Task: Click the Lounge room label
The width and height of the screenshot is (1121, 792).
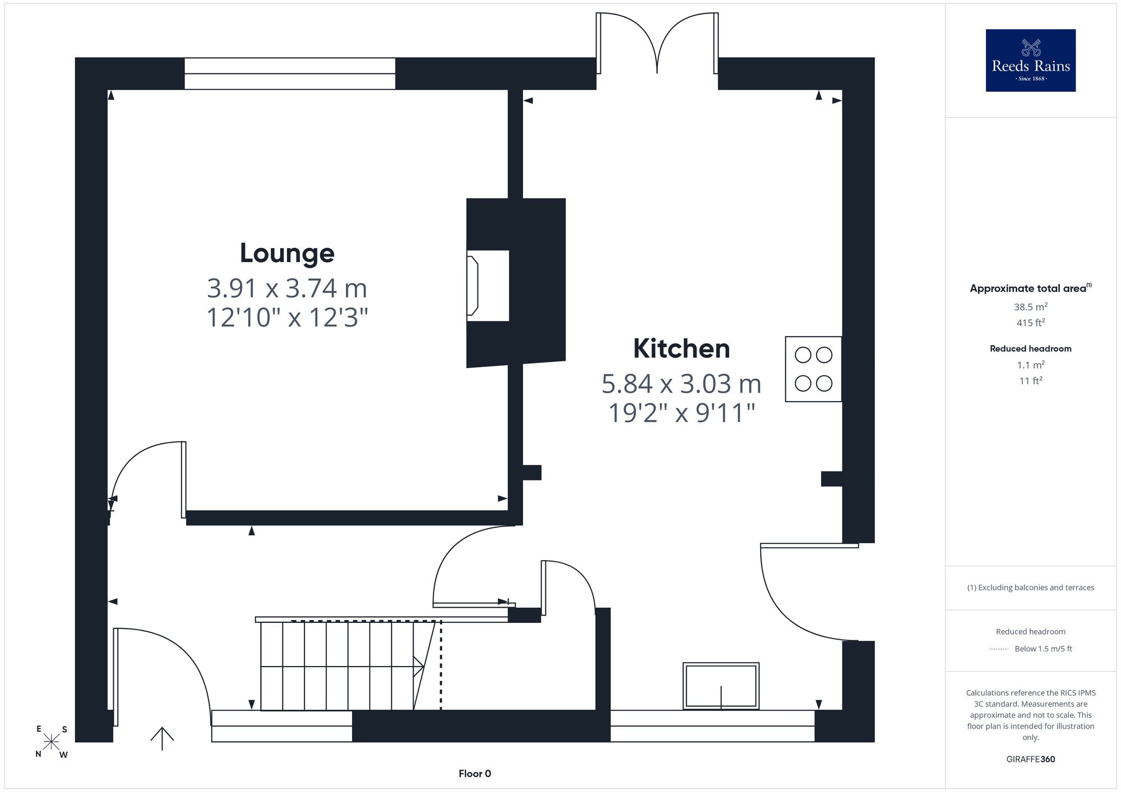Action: point(287,253)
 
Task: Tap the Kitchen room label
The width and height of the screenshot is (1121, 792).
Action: point(682,348)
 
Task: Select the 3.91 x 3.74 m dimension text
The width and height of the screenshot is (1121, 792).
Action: point(287,288)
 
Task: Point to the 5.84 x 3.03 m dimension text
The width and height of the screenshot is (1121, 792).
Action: point(682,384)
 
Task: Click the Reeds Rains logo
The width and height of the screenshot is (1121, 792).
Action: point(1031,60)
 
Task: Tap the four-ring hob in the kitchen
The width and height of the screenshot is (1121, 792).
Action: point(813,369)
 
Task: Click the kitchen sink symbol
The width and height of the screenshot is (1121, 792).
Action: point(721,686)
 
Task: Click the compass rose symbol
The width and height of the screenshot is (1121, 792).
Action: point(52,742)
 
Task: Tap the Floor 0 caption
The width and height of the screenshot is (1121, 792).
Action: point(475,774)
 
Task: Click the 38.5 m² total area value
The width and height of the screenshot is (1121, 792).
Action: point(1031,307)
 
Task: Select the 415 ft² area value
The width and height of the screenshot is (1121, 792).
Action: point(1031,323)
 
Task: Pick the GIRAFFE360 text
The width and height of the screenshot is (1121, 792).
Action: point(1031,760)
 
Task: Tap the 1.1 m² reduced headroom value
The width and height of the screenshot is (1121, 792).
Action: point(1031,365)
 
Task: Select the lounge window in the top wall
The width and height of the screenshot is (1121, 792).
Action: point(290,73)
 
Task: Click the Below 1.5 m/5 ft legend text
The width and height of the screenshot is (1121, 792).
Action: point(1043,649)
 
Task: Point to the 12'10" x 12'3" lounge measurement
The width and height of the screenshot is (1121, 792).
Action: point(287,318)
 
